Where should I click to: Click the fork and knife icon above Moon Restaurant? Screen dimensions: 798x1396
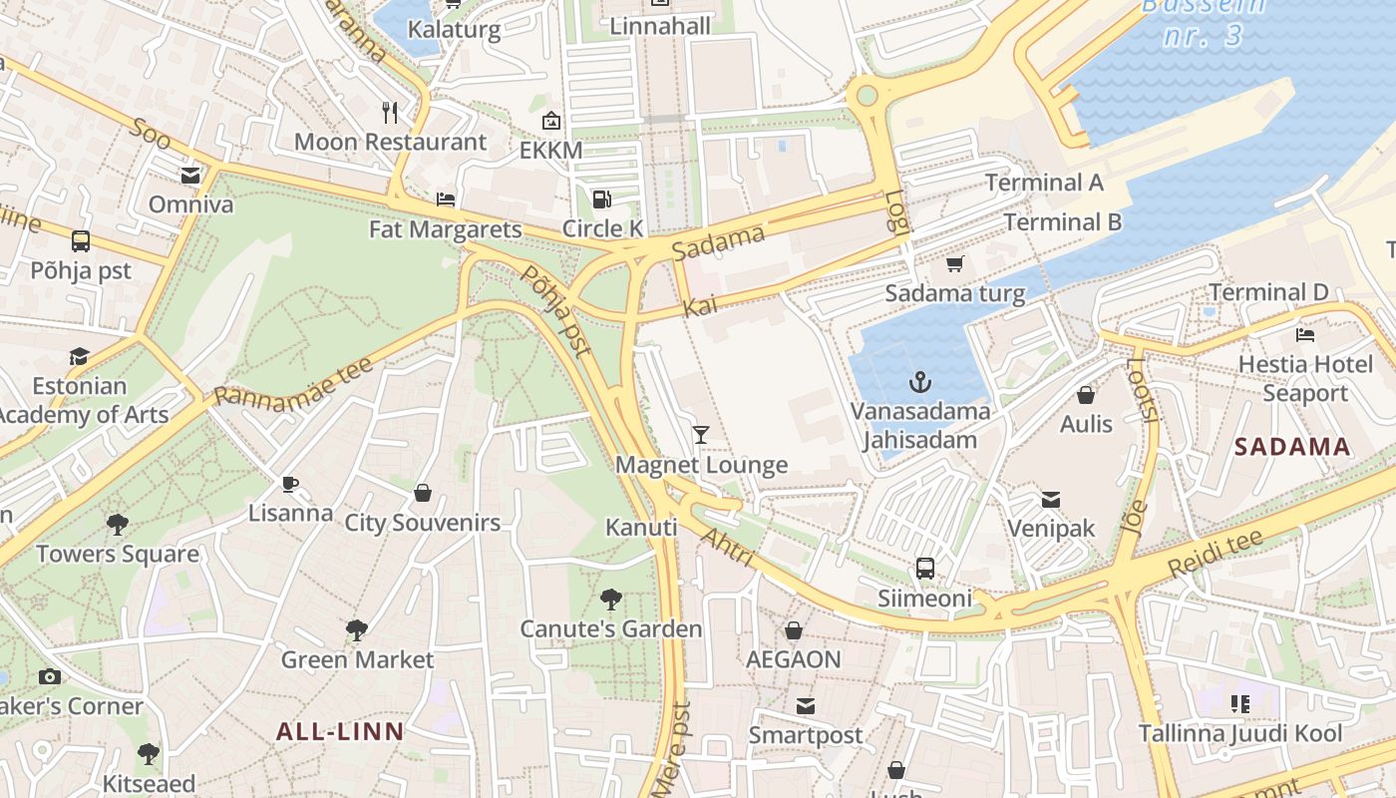point(390,112)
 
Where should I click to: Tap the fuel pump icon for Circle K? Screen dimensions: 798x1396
point(601,199)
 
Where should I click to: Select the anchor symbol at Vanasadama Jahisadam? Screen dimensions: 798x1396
point(919,381)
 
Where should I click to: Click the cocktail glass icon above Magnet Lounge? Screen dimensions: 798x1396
point(701,434)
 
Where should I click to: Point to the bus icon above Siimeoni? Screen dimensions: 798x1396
point(925,569)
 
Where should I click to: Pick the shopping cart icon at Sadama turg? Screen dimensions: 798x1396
point(954,264)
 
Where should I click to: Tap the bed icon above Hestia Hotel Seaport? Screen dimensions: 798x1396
point(1304,334)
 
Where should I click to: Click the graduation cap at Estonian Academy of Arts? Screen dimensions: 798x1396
point(79,356)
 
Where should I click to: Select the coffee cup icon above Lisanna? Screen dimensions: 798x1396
point(290,484)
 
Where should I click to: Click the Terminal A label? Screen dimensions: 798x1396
point(1044,183)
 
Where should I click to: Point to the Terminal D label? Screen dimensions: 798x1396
point(1268,292)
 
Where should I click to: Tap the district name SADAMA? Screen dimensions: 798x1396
point(1292,447)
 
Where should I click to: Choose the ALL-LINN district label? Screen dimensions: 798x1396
point(340,732)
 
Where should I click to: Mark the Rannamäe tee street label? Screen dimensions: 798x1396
point(293,381)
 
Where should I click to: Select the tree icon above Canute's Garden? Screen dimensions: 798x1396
point(611,599)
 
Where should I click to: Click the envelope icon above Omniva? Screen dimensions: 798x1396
point(189,176)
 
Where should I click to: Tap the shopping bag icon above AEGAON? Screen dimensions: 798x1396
point(794,630)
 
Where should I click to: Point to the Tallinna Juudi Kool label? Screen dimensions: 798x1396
point(1240,734)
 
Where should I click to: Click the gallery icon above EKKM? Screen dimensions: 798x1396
point(550,122)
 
